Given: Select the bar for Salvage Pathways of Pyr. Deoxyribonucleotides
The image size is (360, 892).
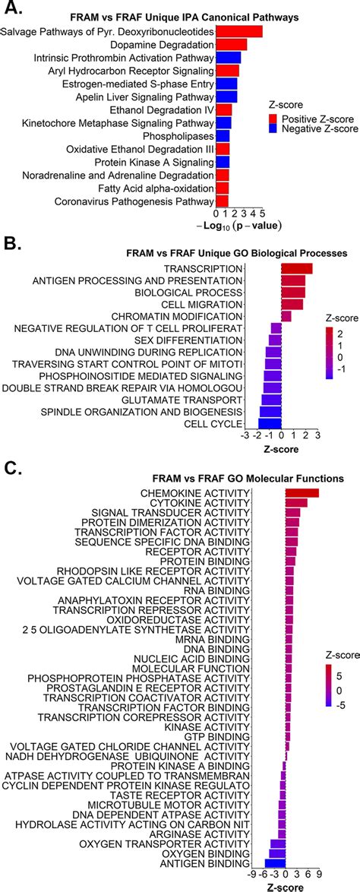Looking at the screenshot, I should [x=239, y=31].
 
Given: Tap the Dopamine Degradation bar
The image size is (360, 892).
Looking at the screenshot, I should [x=232, y=45].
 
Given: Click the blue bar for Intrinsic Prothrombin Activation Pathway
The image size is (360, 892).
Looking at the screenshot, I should [x=229, y=58].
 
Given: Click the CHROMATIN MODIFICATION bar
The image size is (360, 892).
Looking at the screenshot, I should [x=286, y=315].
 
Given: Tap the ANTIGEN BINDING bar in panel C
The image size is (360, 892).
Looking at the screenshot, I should [x=275, y=863].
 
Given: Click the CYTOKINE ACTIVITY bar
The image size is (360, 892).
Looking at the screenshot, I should [x=296, y=503].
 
